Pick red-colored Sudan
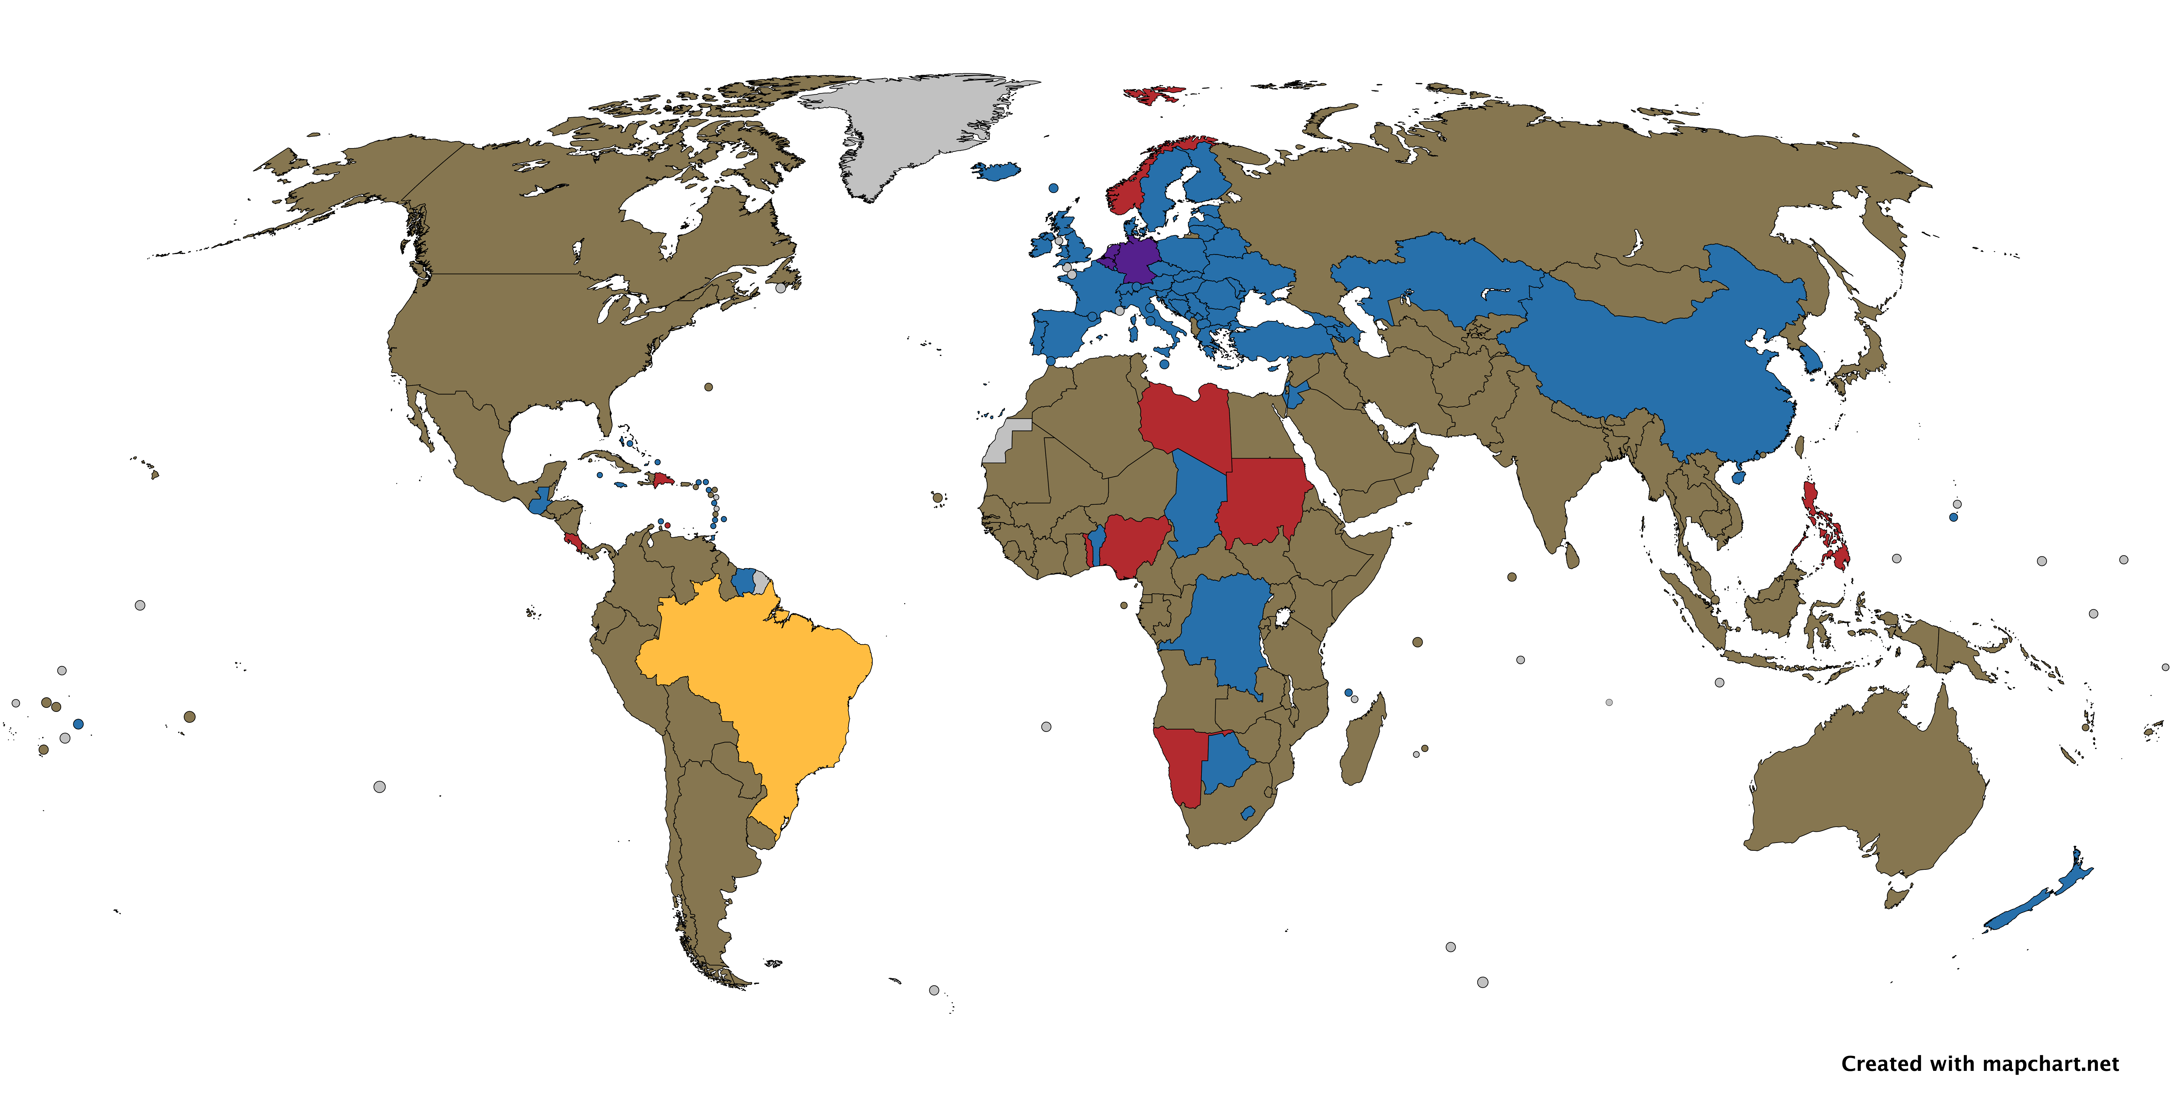[1262, 502]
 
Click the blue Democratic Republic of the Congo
[1224, 628]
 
